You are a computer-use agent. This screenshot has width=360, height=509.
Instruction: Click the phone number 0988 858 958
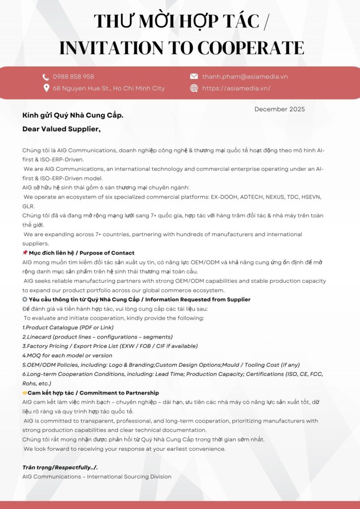point(73,77)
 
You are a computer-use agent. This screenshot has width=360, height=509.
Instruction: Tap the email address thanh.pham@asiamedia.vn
point(245,77)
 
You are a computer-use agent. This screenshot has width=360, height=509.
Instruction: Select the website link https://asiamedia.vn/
point(236,88)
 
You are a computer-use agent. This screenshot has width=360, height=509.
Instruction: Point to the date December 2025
point(279,109)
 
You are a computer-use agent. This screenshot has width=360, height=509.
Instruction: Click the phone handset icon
point(46,77)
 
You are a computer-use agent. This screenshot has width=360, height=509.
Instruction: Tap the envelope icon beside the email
point(194,77)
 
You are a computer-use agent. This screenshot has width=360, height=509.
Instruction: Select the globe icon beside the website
point(194,88)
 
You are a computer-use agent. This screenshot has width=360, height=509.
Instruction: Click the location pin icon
point(46,88)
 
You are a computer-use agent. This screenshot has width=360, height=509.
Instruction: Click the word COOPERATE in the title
point(251,48)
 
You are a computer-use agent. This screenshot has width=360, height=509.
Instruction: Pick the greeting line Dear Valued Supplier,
point(61,129)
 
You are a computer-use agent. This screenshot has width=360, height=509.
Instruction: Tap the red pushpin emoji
point(25,253)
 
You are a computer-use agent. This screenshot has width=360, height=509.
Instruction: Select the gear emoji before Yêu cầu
point(25,300)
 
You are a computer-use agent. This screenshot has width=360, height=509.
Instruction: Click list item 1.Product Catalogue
point(68,328)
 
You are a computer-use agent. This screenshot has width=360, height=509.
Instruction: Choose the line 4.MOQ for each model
point(67,355)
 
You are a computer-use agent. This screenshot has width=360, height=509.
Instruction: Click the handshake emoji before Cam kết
point(25,393)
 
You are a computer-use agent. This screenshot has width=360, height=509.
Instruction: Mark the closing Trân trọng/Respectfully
point(60,467)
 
